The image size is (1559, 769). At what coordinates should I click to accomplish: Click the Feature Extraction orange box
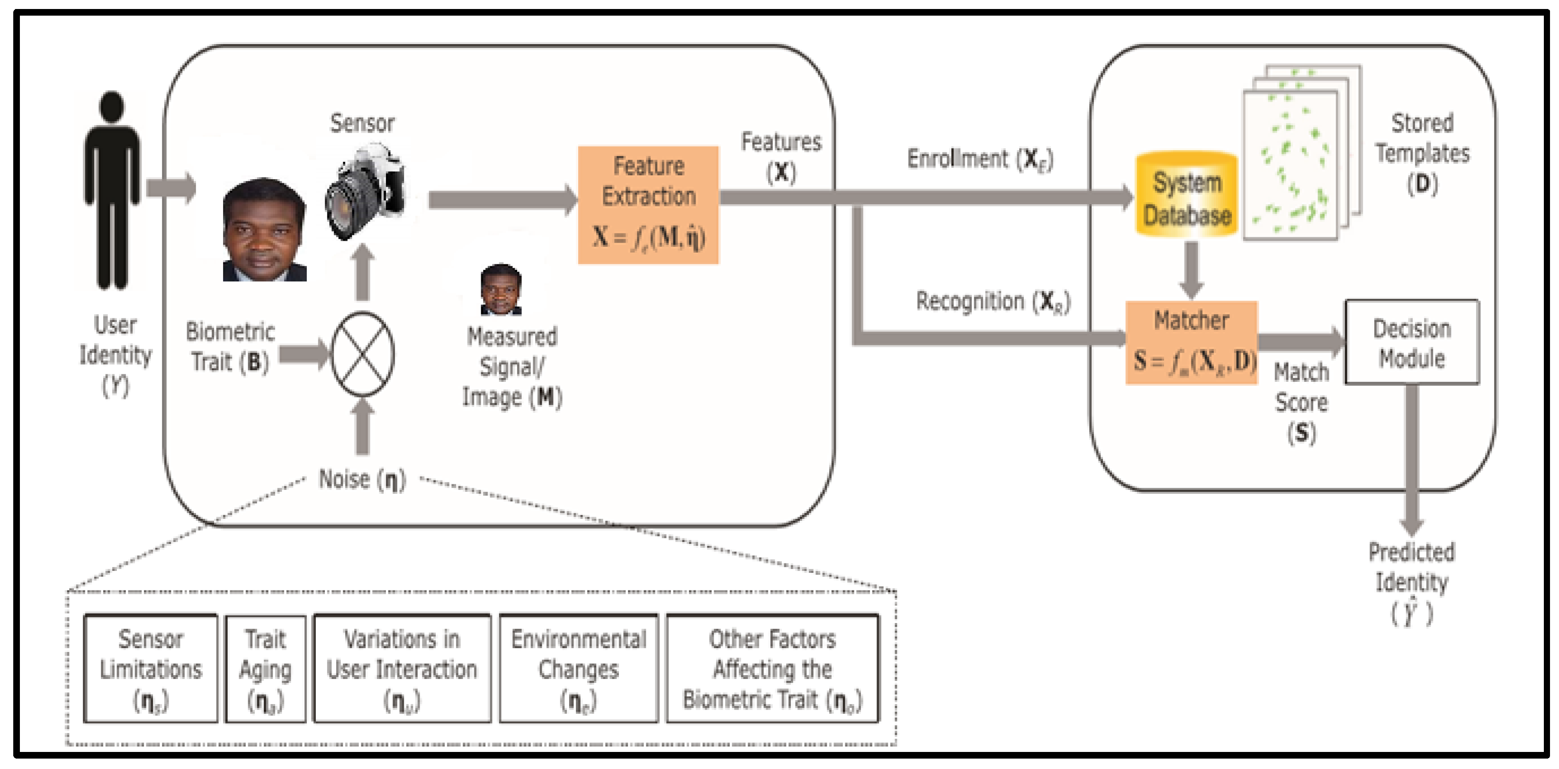[648, 205]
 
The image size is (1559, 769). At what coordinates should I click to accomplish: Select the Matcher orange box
[1191, 343]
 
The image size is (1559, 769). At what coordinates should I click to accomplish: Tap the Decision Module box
[1411, 343]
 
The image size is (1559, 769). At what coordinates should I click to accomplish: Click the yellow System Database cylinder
[1186, 195]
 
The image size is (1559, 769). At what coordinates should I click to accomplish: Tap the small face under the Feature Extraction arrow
[501, 290]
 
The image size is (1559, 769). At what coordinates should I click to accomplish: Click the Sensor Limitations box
[151, 669]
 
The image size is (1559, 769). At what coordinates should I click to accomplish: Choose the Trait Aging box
[265, 669]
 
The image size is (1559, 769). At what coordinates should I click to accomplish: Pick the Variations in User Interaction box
[402, 669]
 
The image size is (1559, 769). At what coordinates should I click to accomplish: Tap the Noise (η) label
[362, 479]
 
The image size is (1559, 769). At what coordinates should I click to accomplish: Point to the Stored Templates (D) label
[1422, 153]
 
